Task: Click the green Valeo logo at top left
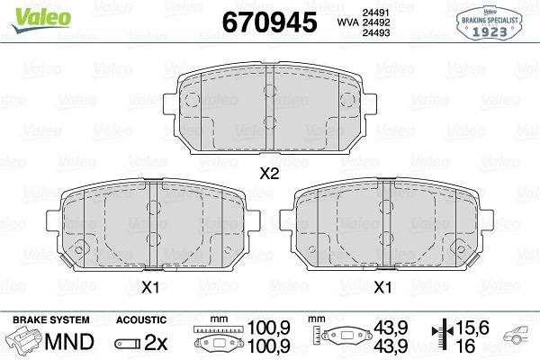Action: pyautogui.click(x=41, y=20)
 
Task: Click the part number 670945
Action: pyautogui.click(x=269, y=22)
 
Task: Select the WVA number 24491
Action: pyautogui.click(x=375, y=13)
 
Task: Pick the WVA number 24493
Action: pyautogui.click(x=376, y=32)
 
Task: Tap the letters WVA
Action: pyautogui.click(x=348, y=22)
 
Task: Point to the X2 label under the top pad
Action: pyautogui.click(x=269, y=174)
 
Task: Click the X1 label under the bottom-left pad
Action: pyautogui.click(x=149, y=287)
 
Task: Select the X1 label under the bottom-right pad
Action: pyautogui.click(x=382, y=287)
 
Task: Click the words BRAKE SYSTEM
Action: pyautogui.click(x=51, y=320)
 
